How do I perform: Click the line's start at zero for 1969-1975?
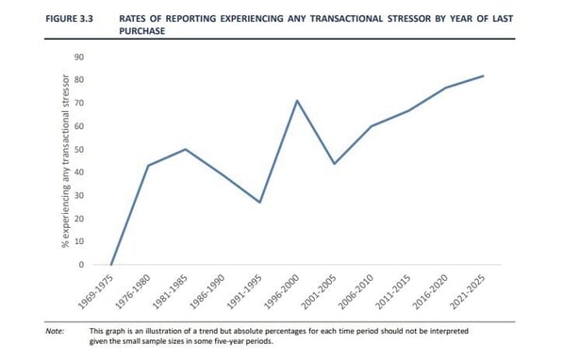111,265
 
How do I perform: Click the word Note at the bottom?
54,331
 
